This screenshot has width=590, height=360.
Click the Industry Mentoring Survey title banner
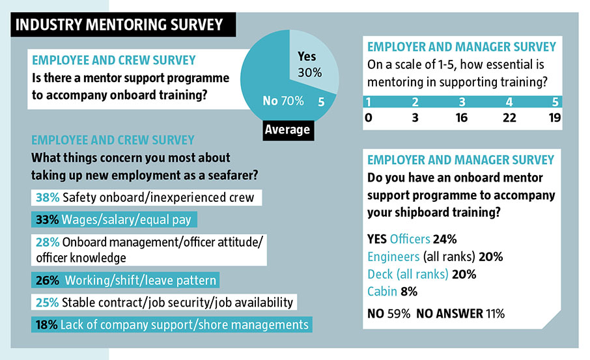click(119, 25)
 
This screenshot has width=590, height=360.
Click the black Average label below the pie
click(287, 130)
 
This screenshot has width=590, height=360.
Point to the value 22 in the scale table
click(509, 117)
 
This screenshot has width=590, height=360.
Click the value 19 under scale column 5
click(554, 117)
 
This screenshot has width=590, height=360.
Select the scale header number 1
click(369, 102)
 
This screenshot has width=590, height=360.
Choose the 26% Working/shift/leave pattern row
click(124, 281)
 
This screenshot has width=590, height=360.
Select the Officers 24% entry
click(411, 239)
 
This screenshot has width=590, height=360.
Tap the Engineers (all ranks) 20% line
click(434, 256)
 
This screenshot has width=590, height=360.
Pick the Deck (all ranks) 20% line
click(421, 273)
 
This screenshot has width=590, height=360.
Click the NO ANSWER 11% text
click(459, 314)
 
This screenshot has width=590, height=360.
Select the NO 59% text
click(389, 314)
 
